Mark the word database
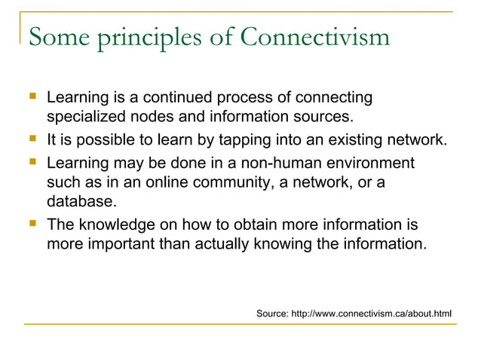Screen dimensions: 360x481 click(x=81, y=202)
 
